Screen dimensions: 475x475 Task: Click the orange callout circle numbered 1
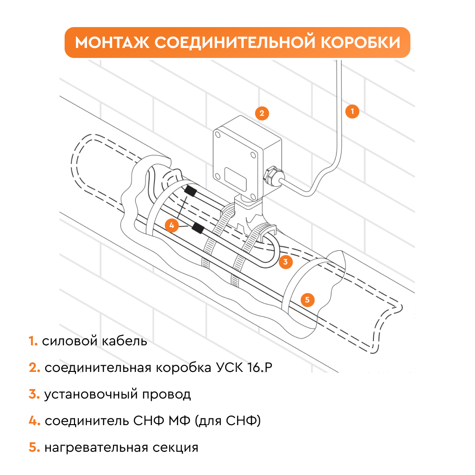coord(351,112)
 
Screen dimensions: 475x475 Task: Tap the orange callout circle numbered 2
coord(261,113)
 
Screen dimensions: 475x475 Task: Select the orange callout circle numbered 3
coord(285,261)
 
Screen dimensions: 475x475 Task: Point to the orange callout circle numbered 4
coord(172,224)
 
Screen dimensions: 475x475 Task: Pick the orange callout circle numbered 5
coord(307,299)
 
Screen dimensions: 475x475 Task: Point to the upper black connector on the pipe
coord(191,191)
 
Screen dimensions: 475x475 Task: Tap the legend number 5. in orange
coord(34,448)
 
